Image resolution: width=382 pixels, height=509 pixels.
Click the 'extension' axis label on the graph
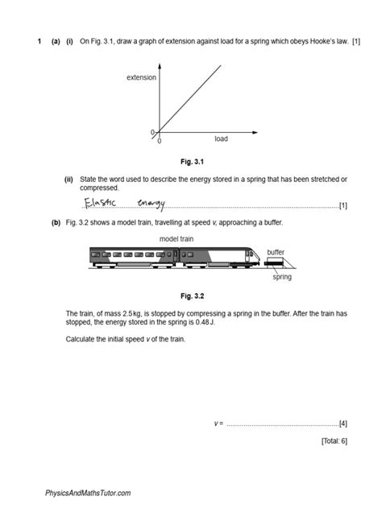tap(141, 77)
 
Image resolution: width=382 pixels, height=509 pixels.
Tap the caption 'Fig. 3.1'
tap(191, 161)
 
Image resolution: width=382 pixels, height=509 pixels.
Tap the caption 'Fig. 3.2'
tap(191, 296)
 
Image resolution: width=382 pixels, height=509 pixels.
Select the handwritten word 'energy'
tap(151, 204)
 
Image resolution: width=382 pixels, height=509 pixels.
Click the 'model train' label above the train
tap(177, 239)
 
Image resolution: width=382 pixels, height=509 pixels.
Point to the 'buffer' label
tap(276, 252)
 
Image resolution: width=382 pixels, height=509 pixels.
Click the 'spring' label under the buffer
tap(281, 277)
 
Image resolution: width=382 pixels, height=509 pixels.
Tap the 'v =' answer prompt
tap(218, 423)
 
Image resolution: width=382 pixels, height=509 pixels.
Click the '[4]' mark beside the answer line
tap(343, 423)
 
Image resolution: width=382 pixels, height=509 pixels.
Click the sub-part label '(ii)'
tap(69, 179)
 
